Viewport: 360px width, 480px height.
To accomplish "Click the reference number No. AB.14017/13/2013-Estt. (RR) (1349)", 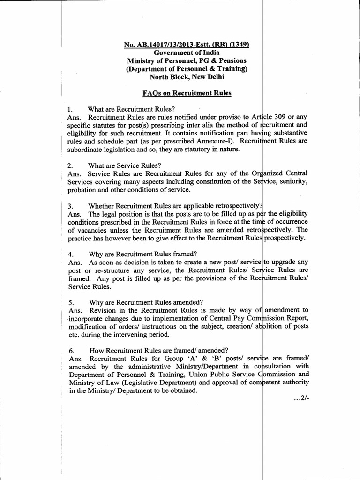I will [x=186, y=45].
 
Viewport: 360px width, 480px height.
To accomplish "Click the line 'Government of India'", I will [x=187, y=53].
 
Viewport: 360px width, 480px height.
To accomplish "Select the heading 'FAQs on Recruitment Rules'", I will [x=187, y=93].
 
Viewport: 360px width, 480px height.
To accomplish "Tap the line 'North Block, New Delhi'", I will [x=187, y=77].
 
